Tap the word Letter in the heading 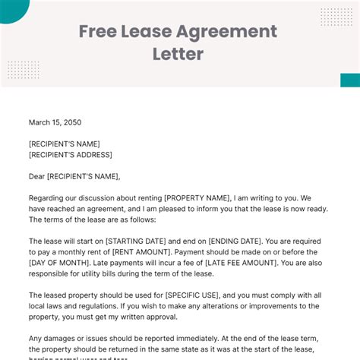(x=178, y=55)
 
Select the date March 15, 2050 (x=55, y=122)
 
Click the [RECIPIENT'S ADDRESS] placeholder (x=71, y=155)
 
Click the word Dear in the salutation (x=36, y=176)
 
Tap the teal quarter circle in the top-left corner (x=11, y=8)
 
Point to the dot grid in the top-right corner (x=336, y=16)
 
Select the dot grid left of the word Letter (x=23, y=70)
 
